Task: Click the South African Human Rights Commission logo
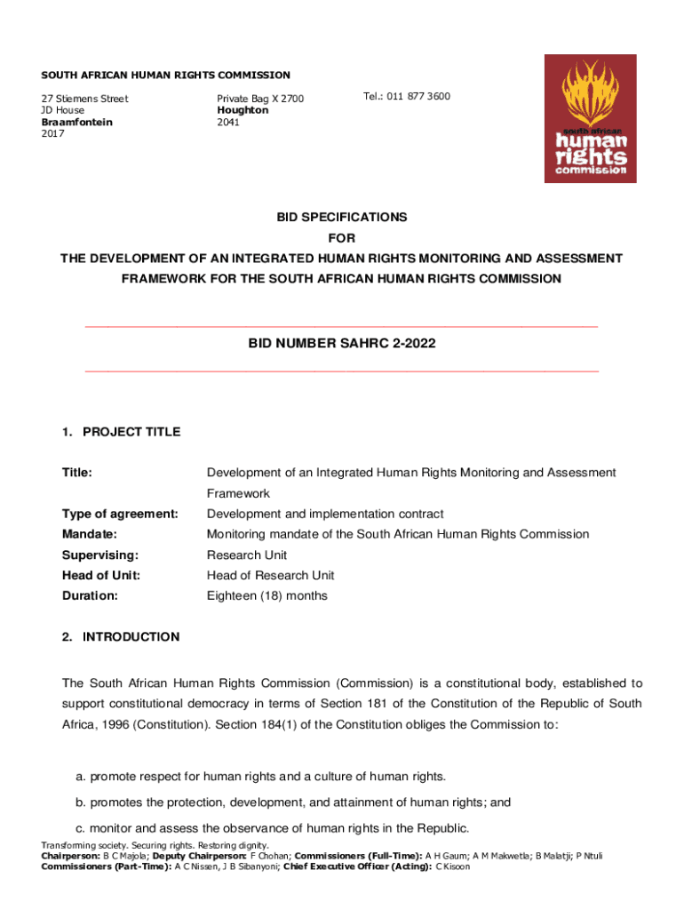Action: (590, 118)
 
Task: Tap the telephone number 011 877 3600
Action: (406, 96)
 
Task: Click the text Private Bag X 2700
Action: (260, 99)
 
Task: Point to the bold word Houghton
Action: (243, 110)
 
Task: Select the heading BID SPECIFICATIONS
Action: (341, 217)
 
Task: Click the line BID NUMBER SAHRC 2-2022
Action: (341, 342)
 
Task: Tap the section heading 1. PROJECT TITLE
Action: (121, 432)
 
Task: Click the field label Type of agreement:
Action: (120, 514)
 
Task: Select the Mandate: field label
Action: (91, 534)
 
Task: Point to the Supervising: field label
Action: (99, 555)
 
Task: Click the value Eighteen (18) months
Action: (266, 595)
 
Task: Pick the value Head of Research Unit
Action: (270, 575)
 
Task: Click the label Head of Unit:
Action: (100, 575)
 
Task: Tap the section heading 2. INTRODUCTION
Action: (121, 636)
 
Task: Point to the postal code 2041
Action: (227, 122)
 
